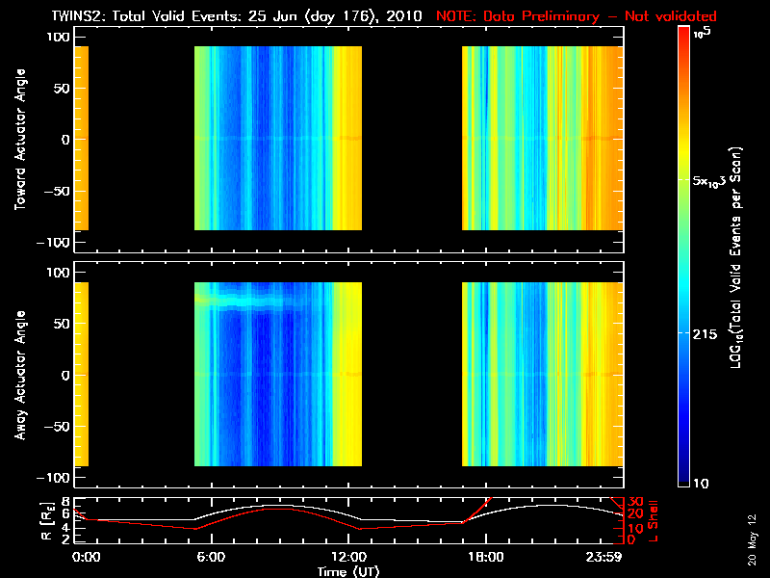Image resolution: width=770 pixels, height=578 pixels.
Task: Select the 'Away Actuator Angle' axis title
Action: tap(20, 375)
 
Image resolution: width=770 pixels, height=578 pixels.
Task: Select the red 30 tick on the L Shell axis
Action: tap(635, 502)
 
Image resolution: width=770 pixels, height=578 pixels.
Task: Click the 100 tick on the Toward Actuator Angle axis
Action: tap(61, 36)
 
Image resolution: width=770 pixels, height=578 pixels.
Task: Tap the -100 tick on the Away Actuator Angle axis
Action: tap(58, 477)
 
